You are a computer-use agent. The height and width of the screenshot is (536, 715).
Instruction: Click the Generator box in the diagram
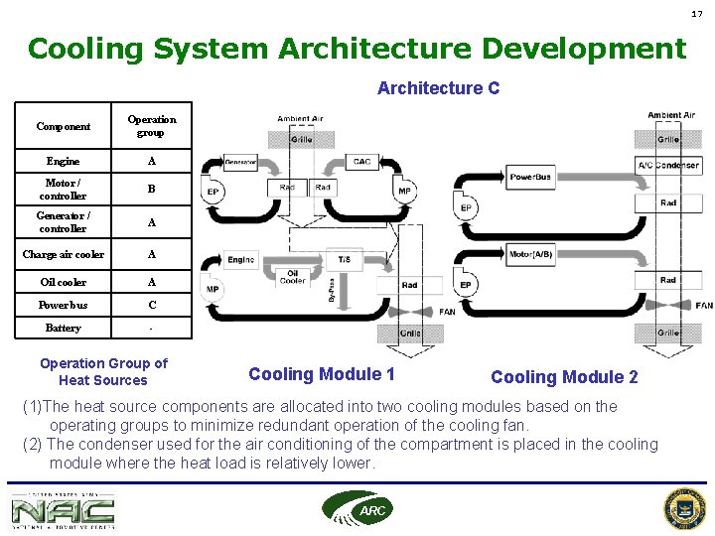click(240, 161)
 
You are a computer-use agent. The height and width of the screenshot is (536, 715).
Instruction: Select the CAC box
click(362, 161)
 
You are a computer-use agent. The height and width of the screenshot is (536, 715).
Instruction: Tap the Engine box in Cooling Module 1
click(241, 259)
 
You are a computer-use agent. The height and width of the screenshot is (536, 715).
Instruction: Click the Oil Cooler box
click(293, 277)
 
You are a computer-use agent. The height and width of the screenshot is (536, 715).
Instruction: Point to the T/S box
click(344, 259)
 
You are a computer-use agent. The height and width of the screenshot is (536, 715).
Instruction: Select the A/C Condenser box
click(668, 165)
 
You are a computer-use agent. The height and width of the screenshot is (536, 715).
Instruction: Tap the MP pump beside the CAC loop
click(404, 190)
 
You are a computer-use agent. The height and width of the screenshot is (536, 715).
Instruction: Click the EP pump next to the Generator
click(213, 191)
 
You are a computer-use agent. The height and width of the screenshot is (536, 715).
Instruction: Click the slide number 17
click(696, 13)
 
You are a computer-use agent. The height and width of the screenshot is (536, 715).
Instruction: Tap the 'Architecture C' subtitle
click(438, 88)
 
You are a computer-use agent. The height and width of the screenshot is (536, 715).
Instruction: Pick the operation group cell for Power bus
click(151, 305)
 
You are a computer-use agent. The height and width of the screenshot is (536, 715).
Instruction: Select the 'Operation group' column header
click(151, 126)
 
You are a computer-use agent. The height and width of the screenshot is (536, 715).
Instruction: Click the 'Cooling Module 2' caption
click(564, 377)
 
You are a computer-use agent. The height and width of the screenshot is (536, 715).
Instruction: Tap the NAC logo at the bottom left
click(63, 511)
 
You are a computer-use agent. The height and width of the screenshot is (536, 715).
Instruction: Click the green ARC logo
click(357, 508)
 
